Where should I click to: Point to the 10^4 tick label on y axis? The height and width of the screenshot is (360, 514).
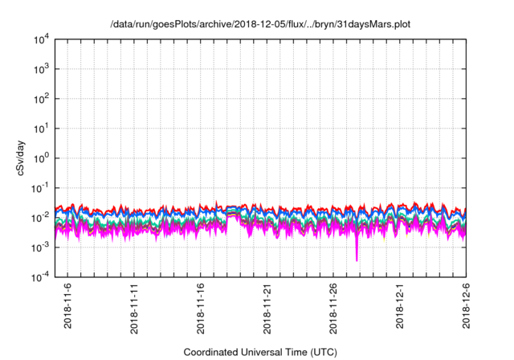click(x=43, y=39)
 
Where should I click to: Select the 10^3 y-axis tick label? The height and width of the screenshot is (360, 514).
click(x=43, y=69)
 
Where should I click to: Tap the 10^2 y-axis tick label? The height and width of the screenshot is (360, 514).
click(x=43, y=99)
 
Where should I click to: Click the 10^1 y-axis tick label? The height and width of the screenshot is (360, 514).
click(x=43, y=128)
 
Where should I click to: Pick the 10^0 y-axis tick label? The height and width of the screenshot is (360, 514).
click(x=43, y=157)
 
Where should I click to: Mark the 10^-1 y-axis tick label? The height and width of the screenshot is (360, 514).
click(x=42, y=187)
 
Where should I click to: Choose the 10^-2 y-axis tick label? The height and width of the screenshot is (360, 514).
click(x=42, y=217)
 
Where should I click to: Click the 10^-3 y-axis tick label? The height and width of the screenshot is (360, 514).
click(x=42, y=247)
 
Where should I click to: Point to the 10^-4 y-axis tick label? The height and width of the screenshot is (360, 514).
click(x=42, y=276)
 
